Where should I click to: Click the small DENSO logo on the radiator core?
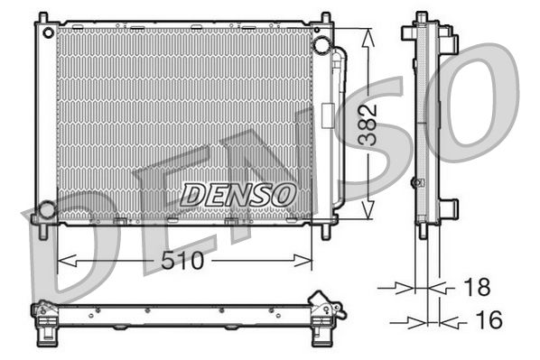(237, 193)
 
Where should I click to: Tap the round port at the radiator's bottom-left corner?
(46, 211)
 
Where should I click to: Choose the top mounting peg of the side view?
(421, 18)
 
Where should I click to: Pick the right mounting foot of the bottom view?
(321, 336)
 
